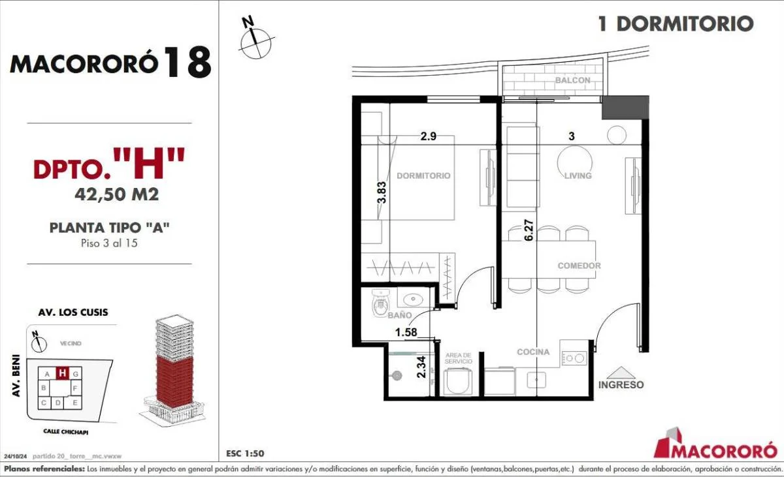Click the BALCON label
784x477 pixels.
pyautogui.click(x=572, y=80)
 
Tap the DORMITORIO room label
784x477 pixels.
pyautogui.click(x=423, y=176)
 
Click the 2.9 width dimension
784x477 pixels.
pyautogui.click(x=429, y=136)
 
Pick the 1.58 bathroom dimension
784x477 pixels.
pyautogui.click(x=406, y=332)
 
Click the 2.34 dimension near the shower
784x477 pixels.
pyautogui.click(x=422, y=367)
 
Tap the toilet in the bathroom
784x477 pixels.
pyautogui.click(x=380, y=303)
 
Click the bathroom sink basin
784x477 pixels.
pyautogui.click(x=414, y=299)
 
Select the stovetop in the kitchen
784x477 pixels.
pyautogui.click(x=574, y=358)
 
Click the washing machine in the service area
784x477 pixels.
pyautogui.click(x=458, y=382)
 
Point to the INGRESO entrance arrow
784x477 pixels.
pyautogui.click(x=621, y=373)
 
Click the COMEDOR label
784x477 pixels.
pyautogui.click(x=580, y=266)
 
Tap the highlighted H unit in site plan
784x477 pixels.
pyautogui.click(x=62, y=373)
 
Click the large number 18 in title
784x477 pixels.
pyautogui.click(x=188, y=62)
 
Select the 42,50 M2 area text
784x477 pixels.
pyautogui.click(x=117, y=194)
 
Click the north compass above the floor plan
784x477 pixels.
pyautogui.click(x=255, y=42)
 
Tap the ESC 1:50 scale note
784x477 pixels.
pyautogui.click(x=245, y=454)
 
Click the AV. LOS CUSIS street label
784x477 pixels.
pyautogui.click(x=73, y=313)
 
